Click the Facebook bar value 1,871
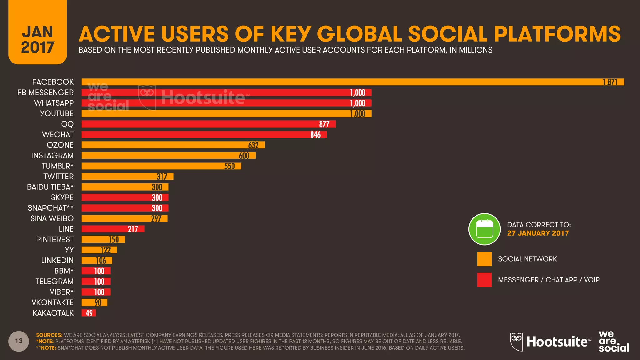click(x=610, y=82)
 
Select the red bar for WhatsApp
click(x=226, y=103)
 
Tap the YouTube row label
click(x=57, y=113)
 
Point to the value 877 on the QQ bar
click(x=324, y=124)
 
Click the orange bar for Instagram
click(x=168, y=155)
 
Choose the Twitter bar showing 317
click(x=127, y=177)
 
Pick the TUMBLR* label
click(x=58, y=166)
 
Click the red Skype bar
click(x=125, y=197)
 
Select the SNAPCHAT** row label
click(x=51, y=208)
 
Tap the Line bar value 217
click(x=133, y=229)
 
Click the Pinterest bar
click(x=103, y=239)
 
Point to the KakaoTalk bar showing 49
click(x=89, y=313)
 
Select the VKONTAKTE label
click(x=52, y=302)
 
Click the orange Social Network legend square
click(x=484, y=259)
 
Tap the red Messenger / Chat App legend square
click(x=484, y=280)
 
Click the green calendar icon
click(x=484, y=229)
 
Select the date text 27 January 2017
click(x=538, y=233)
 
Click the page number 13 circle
click(x=19, y=341)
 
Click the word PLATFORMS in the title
click(x=557, y=34)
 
